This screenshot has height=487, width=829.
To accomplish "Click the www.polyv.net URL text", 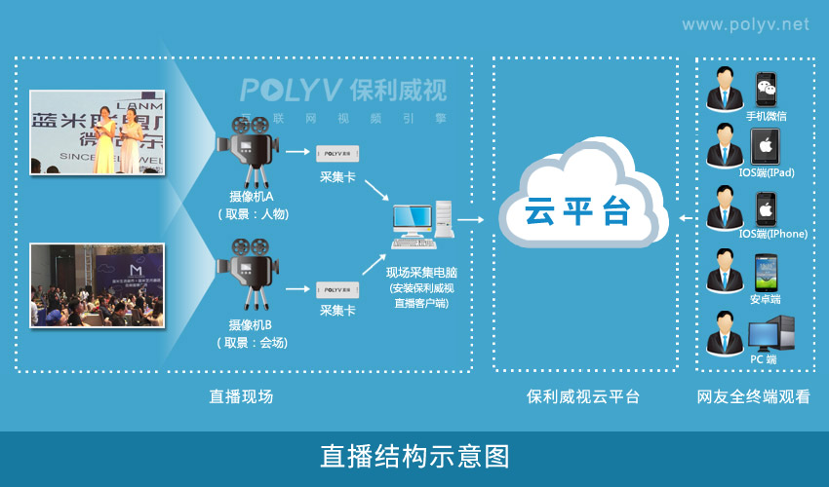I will point(744,23).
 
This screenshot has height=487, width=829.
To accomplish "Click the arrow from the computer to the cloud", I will point(471,219).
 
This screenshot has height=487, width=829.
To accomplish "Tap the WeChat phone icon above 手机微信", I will point(768,90).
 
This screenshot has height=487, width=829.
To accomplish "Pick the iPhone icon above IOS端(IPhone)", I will point(768,209).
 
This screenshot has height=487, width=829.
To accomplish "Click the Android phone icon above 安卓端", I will point(768,272).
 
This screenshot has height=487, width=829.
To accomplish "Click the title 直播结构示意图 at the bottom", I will point(414,456).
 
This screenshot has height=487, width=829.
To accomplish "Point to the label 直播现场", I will point(241,396).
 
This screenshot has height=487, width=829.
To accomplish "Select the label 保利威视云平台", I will point(583,396).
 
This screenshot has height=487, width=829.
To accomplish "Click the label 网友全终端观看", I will point(753,396).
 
